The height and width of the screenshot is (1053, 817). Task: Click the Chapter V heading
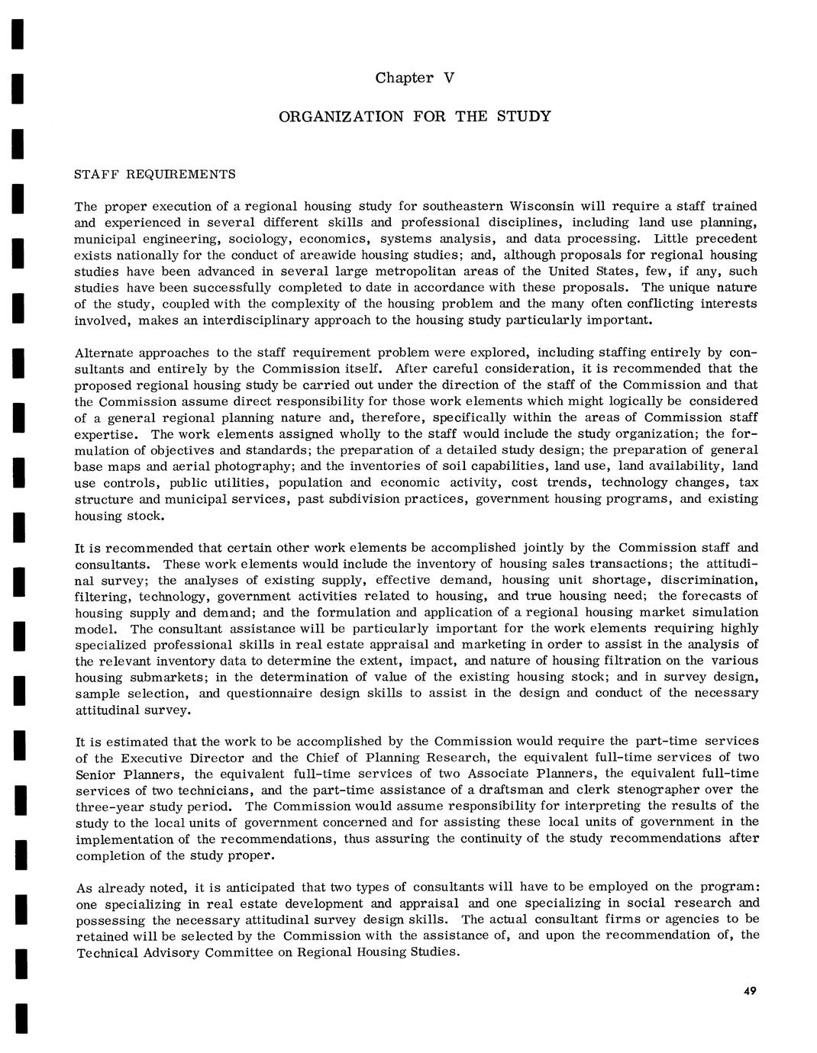click(415, 78)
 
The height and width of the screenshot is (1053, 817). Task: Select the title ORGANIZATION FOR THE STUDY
click(414, 117)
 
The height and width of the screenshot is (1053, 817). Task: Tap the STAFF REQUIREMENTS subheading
click(155, 174)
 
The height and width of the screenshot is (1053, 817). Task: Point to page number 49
click(749, 990)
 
